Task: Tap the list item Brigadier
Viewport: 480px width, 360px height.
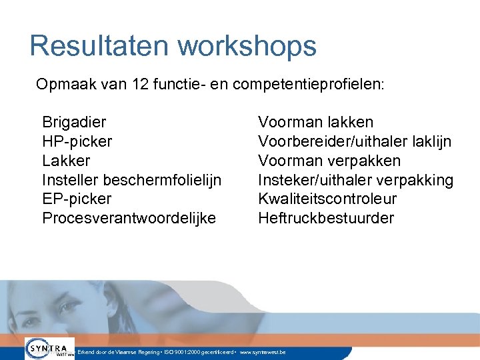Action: tap(74, 123)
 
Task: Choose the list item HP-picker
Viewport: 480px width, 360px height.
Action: tap(77, 141)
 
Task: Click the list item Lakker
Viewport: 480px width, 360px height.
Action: tap(66, 161)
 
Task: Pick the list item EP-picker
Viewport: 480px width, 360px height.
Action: tap(77, 199)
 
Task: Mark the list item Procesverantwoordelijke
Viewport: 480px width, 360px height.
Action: tap(129, 218)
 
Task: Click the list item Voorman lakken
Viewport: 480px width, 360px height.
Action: tap(315, 123)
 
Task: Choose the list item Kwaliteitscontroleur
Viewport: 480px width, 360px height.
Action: tap(327, 199)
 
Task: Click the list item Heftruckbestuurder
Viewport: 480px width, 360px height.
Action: tap(326, 218)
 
